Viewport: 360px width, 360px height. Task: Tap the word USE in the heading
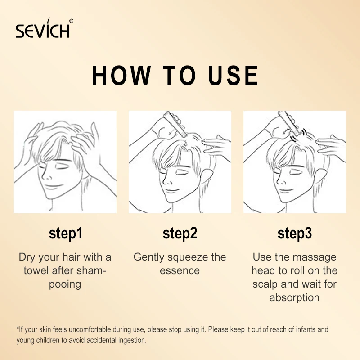tap(233, 76)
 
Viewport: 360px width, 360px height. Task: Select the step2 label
tap(180, 234)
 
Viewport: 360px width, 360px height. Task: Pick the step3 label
tap(295, 234)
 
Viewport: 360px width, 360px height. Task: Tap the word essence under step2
tap(180, 271)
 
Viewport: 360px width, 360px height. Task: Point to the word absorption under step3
tap(295, 298)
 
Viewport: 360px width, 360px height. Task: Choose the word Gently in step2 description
tap(149, 257)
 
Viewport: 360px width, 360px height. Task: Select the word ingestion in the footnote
tap(131, 340)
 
